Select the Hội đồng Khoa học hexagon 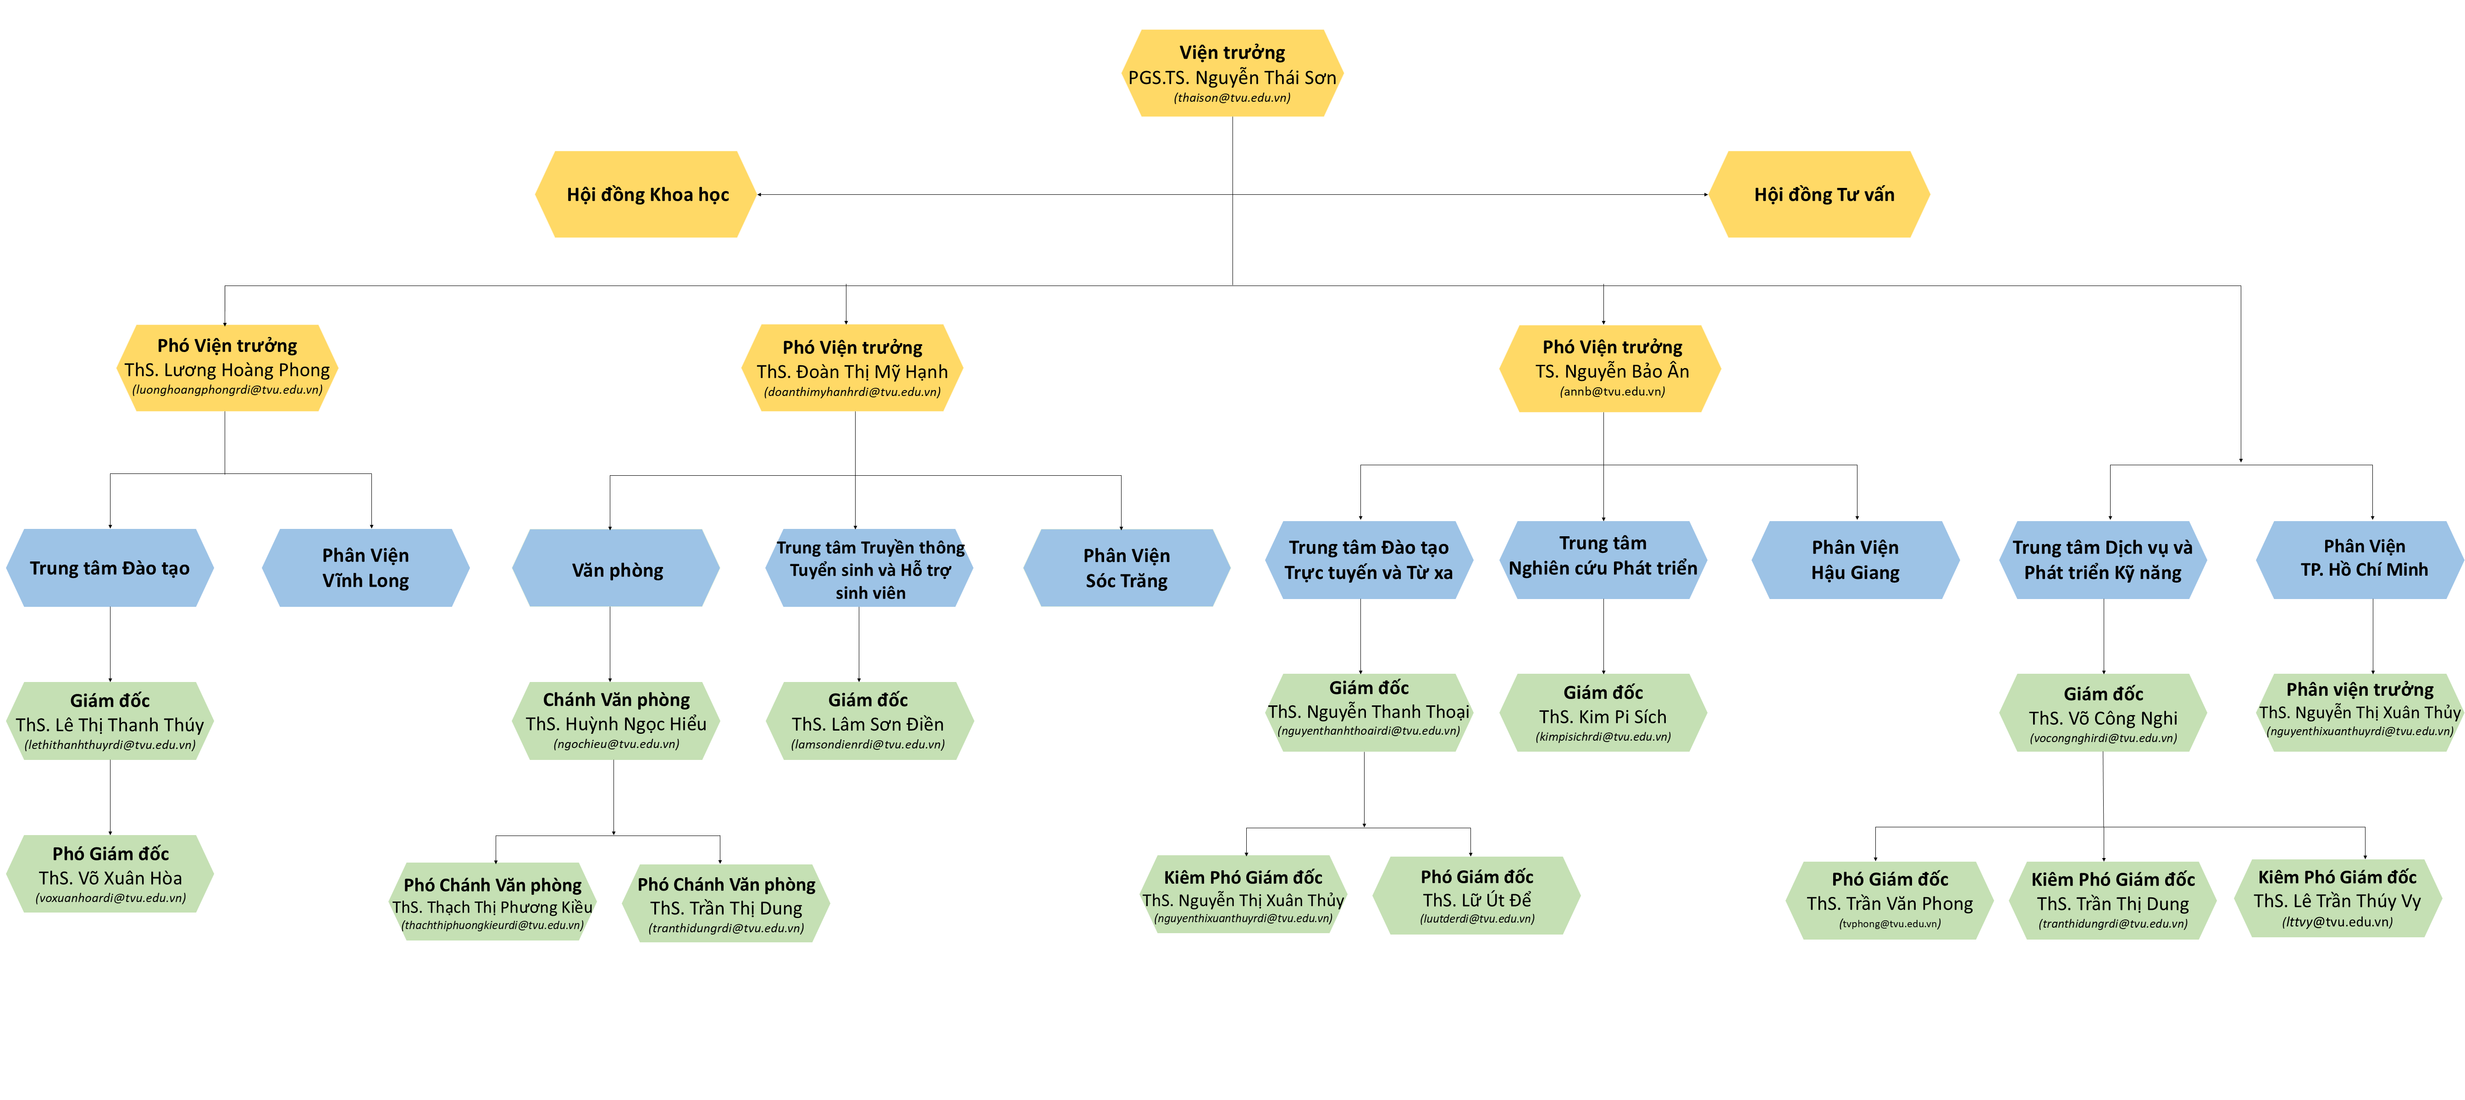[647, 194]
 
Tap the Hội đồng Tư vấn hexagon [1819, 194]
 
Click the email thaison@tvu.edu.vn [1232, 98]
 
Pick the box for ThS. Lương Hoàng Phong [227, 368]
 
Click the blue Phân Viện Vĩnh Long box [365, 568]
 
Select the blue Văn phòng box [616, 568]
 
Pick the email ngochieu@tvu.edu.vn [616, 744]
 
